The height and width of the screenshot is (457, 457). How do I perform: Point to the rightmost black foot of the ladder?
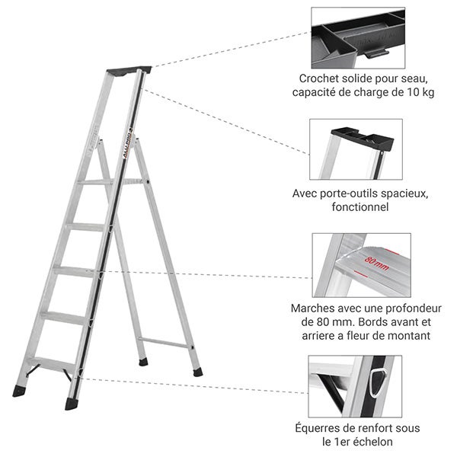coord(197,372)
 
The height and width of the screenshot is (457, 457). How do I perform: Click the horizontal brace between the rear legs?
coord(165,344)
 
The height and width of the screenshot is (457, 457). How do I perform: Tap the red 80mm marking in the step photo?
coord(377,261)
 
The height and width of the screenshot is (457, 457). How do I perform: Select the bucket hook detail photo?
coord(357,37)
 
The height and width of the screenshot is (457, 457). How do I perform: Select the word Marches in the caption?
coord(314,308)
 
